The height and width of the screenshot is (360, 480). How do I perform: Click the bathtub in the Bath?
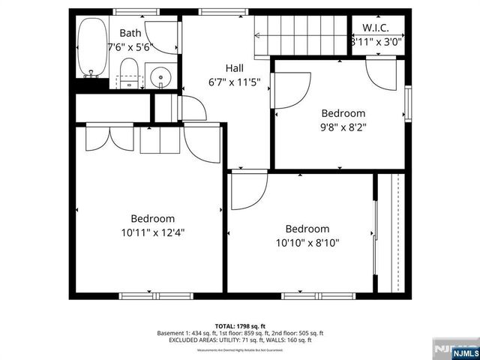[92, 46]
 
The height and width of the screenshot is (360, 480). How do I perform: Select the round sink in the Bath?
[160, 76]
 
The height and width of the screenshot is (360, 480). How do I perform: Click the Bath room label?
[130, 33]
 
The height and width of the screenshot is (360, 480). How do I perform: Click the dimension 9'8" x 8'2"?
[343, 127]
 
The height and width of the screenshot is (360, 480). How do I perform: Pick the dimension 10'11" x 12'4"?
[154, 232]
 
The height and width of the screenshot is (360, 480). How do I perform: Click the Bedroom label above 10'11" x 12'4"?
[153, 219]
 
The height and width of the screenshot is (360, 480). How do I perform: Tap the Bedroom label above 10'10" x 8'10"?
[307, 229]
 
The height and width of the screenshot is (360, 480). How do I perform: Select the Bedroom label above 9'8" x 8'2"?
[343, 114]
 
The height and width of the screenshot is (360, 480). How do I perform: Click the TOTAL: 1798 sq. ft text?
[240, 326]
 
